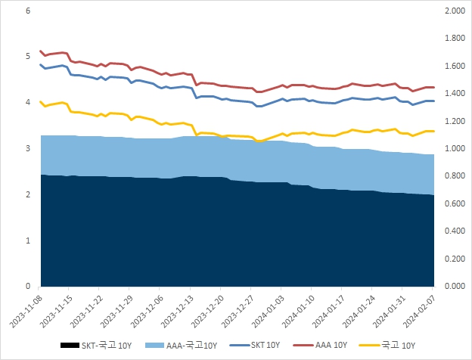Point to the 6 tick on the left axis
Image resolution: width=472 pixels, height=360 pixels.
[x=27, y=11]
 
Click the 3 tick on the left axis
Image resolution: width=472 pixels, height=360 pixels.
[x=27, y=149]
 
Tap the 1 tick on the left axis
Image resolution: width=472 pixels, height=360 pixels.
[x=27, y=241]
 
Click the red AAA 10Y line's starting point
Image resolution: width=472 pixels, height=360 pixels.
[x=40, y=51]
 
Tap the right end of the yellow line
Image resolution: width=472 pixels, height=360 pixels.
[x=433, y=132]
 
